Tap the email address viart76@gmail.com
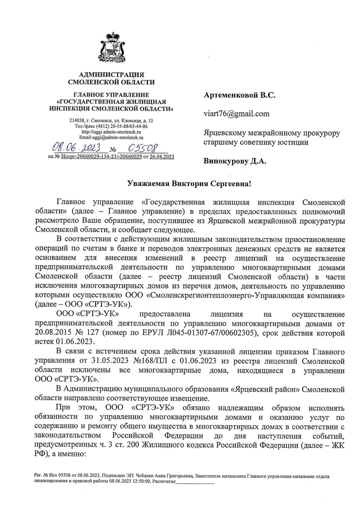(236, 114)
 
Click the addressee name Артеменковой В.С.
(239, 95)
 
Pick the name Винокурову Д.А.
(234, 161)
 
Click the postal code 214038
(76, 121)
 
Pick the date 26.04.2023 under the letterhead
(163, 156)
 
